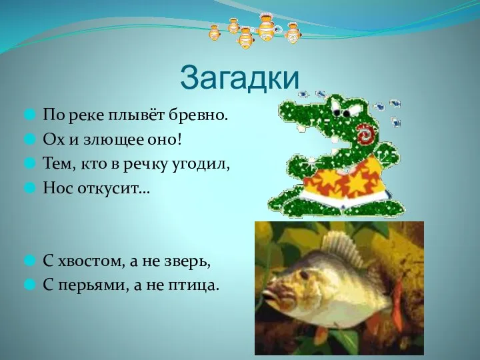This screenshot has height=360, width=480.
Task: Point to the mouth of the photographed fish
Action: [265, 293]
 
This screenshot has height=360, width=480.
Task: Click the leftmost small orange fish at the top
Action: [215, 32]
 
